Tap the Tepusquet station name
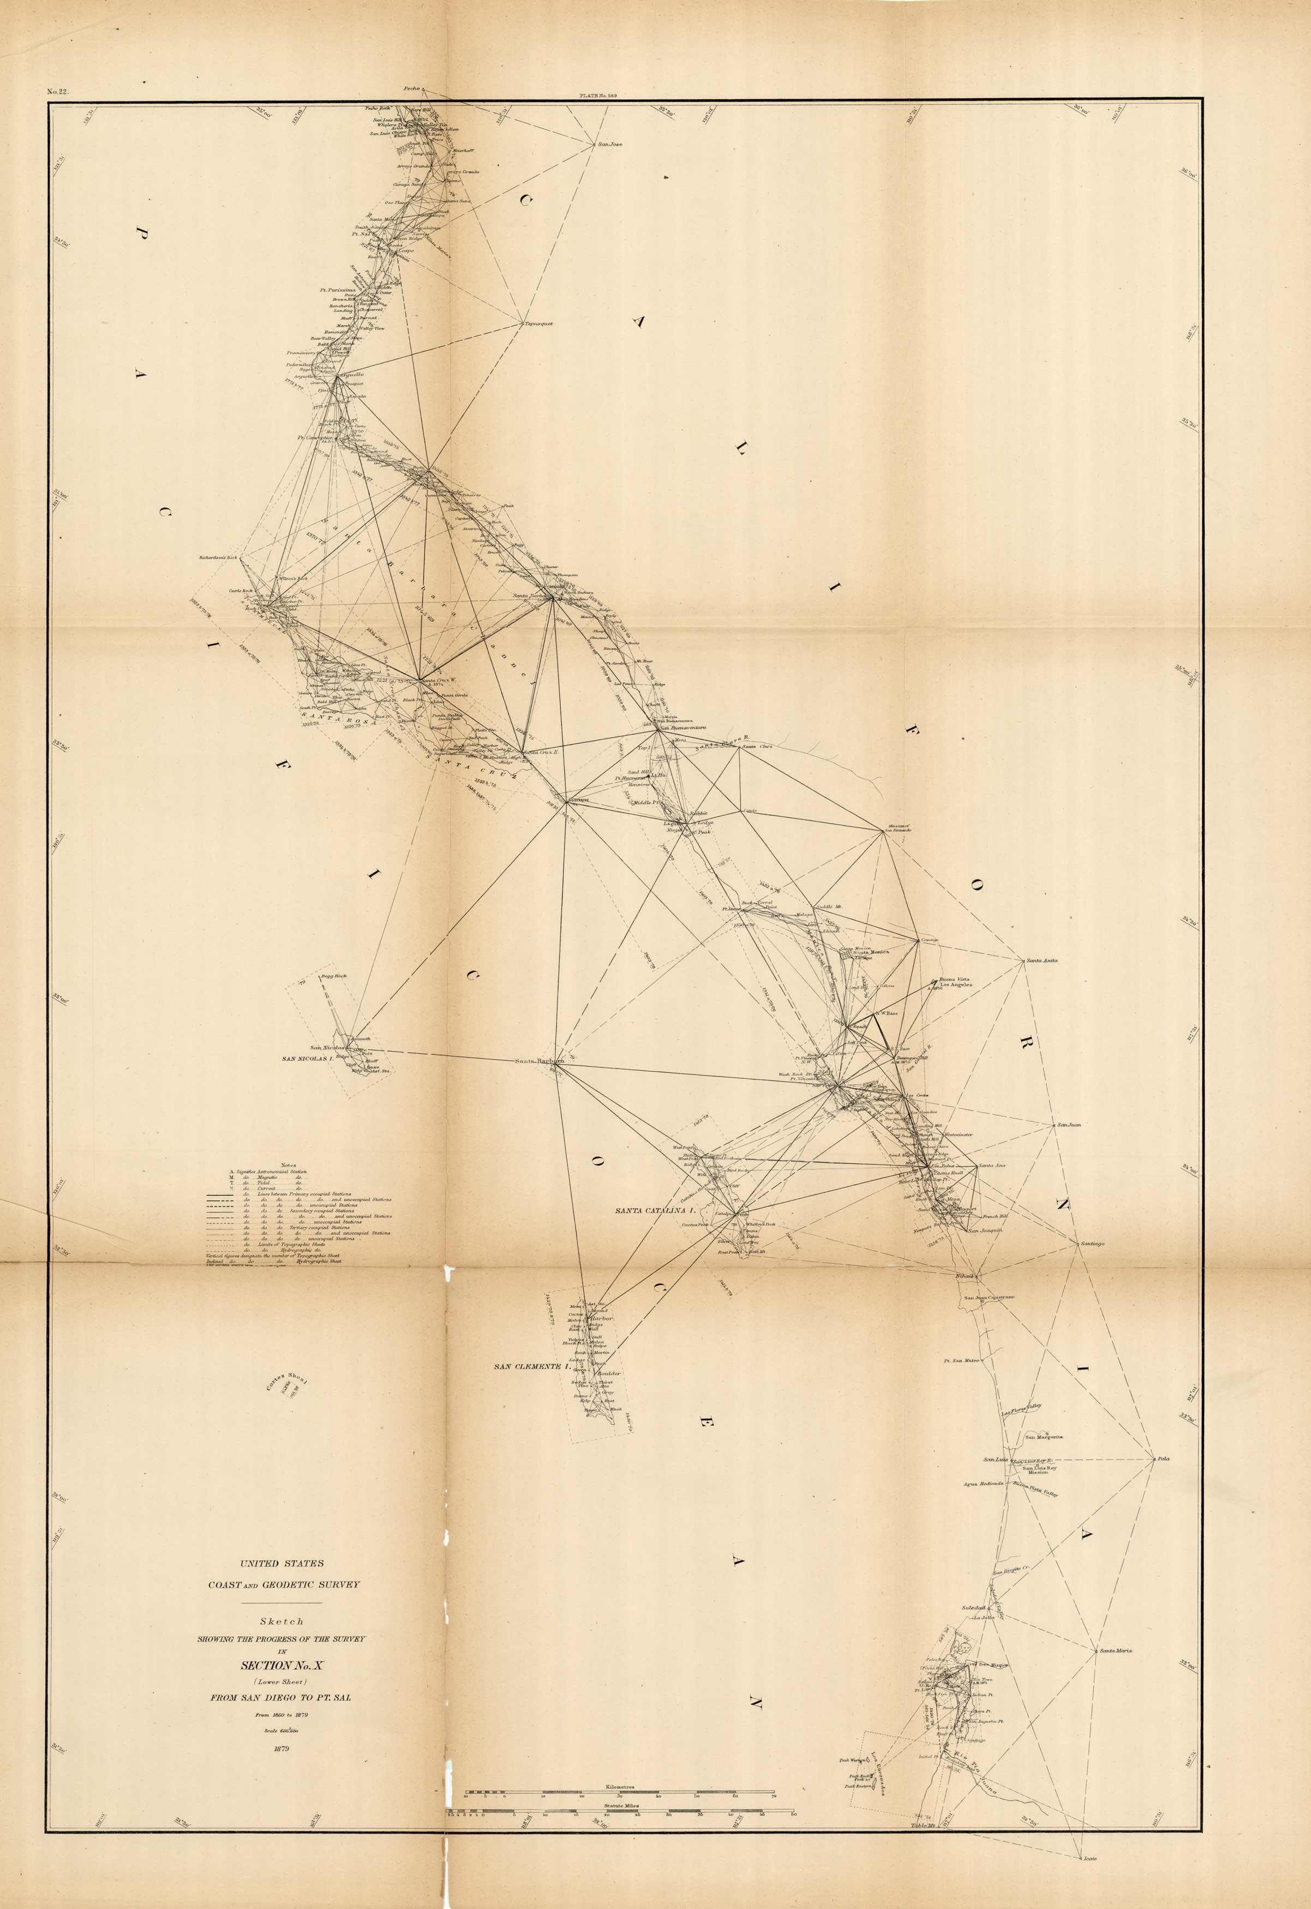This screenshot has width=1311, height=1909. (x=539, y=323)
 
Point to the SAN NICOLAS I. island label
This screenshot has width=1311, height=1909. (x=307, y=1059)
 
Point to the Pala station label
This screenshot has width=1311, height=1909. (x=1163, y=1459)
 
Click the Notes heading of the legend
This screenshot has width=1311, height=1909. (x=288, y=1165)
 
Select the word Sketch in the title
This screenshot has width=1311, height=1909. (x=282, y=1620)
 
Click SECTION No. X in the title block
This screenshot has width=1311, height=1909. (x=281, y=1666)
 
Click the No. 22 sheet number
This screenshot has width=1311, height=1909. (x=57, y=92)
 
